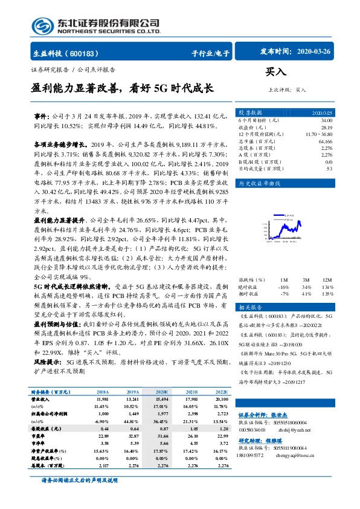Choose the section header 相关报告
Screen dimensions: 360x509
point(250,307)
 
